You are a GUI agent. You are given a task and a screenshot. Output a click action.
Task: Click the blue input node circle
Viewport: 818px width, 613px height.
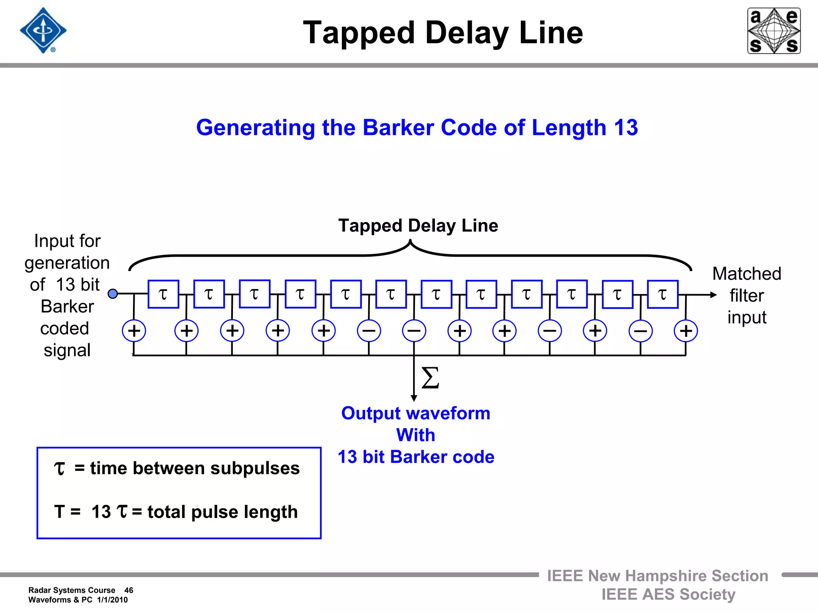tap(113, 294)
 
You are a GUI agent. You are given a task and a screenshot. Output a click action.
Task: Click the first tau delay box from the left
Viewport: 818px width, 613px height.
tap(163, 294)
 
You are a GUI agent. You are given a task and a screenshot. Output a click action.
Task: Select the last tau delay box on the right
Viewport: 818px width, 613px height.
tap(663, 294)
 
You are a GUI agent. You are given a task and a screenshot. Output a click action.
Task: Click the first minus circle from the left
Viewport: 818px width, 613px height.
tap(369, 331)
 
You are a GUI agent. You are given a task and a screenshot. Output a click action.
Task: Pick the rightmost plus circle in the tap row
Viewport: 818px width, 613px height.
tap(685, 331)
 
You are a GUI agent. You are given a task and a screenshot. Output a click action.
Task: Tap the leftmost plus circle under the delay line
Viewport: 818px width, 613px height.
tap(134, 331)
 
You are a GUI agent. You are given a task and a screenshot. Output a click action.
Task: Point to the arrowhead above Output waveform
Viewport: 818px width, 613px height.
tap(414, 398)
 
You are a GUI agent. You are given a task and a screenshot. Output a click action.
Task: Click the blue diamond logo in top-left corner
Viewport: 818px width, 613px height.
tap(43, 31)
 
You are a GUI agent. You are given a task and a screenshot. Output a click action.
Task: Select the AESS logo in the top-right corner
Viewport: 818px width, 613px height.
tap(774, 31)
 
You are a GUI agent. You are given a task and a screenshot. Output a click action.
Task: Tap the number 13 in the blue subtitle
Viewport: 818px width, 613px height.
tap(625, 128)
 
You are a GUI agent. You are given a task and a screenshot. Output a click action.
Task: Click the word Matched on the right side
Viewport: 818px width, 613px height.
tap(747, 274)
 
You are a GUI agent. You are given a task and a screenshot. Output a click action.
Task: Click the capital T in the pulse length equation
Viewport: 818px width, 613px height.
tap(60, 512)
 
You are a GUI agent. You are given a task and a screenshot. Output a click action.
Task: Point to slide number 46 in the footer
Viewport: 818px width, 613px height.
tap(129, 590)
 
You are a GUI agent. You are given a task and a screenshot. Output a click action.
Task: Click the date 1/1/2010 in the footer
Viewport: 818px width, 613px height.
tap(112, 600)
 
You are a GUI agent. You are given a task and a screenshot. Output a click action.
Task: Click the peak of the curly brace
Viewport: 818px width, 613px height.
tap(410, 241)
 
